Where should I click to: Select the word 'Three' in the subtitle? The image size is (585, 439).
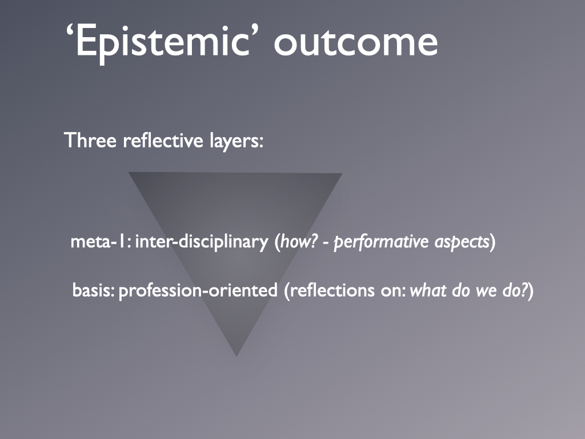pyautogui.click(x=90, y=141)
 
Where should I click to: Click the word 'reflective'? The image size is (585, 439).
pyautogui.click(x=163, y=141)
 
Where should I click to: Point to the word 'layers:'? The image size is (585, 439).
pyautogui.click(x=237, y=141)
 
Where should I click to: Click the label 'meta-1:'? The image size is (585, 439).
pyautogui.click(x=101, y=242)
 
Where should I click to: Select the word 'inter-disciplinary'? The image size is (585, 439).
pyautogui.click(x=202, y=242)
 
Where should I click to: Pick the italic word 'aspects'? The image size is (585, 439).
pyautogui.click(x=462, y=242)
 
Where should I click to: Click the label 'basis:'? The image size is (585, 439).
pyautogui.click(x=93, y=290)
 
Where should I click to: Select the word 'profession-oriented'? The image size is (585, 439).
pyautogui.click(x=198, y=291)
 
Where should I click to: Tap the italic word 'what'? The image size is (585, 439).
pyautogui.click(x=428, y=290)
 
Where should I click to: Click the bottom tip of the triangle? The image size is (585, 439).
pyautogui.click(x=236, y=356)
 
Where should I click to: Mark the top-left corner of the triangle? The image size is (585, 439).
pyautogui.click(x=129, y=172)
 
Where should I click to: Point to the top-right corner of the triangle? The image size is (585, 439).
pyautogui.click(x=342, y=173)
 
